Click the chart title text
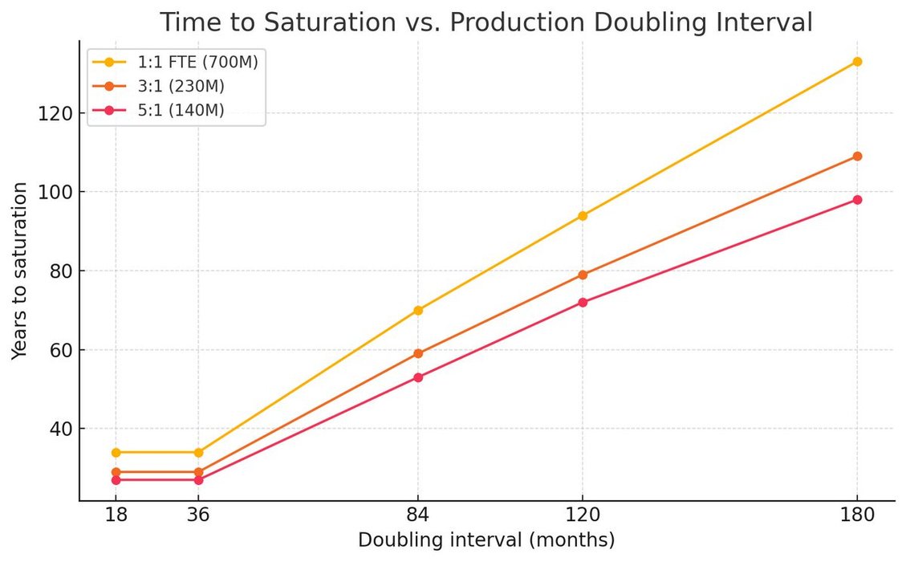point(486,22)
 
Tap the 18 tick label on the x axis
point(116,516)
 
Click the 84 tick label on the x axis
point(418,516)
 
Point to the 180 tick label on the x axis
point(857,516)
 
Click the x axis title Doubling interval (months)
point(486,540)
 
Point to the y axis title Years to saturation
point(19,271)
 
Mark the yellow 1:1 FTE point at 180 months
point(857,61)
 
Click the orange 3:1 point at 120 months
point(583,275)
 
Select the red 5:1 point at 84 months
point(418,377)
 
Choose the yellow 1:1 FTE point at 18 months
point(116,452)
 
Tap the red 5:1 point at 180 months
point(857,200)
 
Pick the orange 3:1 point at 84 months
point(418,353)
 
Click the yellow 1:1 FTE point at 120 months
point(583,215)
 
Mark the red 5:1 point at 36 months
point(198,479)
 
